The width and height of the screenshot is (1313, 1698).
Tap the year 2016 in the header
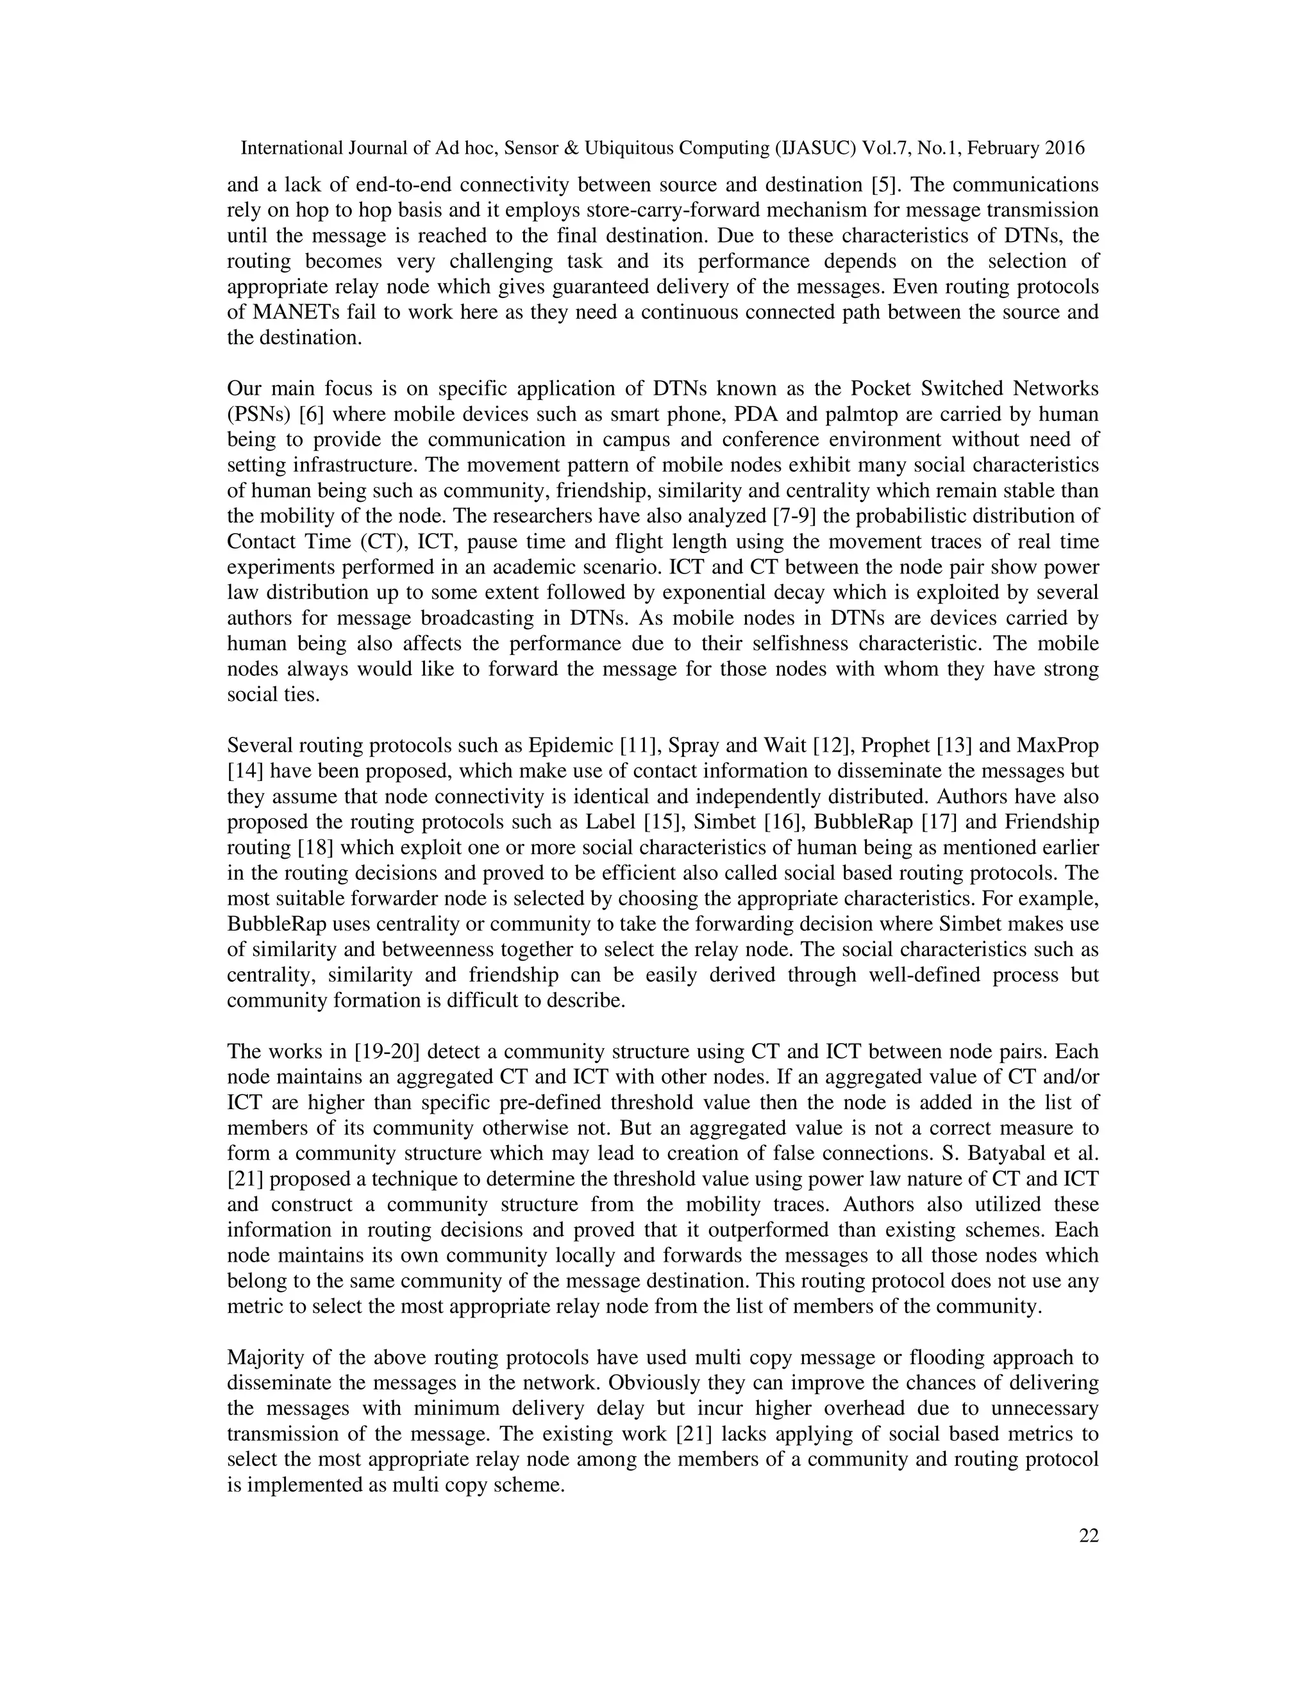click(x=1064, y=148)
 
